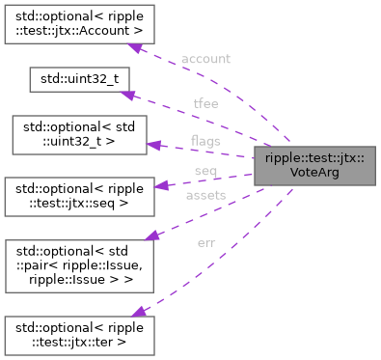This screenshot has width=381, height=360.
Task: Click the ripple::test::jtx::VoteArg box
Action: pos(314,168)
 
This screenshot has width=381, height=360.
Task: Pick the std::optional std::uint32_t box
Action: pos(76,134)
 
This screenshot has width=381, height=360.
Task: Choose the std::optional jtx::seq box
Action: pos(76,196)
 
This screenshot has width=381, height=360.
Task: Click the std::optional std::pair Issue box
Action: pos(76,261)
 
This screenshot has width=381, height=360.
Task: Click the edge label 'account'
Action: pos(205,58)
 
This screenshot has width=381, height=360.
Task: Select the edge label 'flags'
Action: pos(206,140)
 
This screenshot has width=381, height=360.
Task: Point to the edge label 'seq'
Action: pos(205,170)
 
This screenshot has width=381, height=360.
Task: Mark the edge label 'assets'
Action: pos(206,194)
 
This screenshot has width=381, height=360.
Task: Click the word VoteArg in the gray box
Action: pos(314,179)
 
